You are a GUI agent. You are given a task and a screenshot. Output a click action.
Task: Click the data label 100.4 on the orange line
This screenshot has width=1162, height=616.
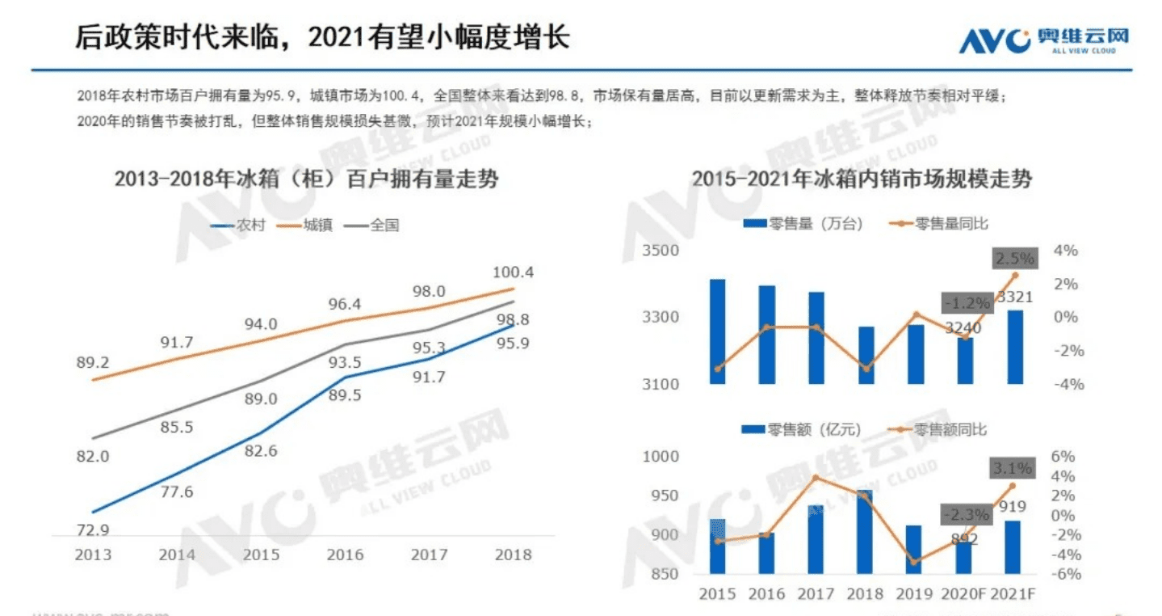514,272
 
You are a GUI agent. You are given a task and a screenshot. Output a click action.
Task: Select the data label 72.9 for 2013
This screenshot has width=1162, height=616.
93,530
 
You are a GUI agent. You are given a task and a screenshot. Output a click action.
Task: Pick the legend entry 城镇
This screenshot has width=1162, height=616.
308,226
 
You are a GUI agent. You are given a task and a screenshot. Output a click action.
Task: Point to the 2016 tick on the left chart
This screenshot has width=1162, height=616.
345,555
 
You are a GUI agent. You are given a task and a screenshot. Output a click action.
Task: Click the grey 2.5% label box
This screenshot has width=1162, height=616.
1014,259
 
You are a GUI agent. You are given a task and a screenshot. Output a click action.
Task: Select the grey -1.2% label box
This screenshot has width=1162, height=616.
966,304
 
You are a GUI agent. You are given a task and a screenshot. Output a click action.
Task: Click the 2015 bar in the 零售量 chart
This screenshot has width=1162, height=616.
717,331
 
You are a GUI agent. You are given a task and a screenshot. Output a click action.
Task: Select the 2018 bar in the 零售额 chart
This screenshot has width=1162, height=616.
865,531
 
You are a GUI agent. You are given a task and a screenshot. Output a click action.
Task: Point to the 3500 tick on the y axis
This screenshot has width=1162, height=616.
661,251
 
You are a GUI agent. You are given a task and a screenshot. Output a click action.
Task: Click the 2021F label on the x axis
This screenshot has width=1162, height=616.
1013,594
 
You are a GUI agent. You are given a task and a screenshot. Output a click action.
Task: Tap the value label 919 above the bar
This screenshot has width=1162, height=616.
1013,507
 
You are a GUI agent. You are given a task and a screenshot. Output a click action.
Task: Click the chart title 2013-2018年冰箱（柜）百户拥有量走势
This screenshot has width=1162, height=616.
306,179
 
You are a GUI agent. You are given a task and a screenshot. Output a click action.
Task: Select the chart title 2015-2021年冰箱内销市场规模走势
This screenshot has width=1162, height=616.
862,179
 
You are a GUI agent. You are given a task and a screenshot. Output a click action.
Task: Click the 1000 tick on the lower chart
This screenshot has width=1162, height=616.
661,457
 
